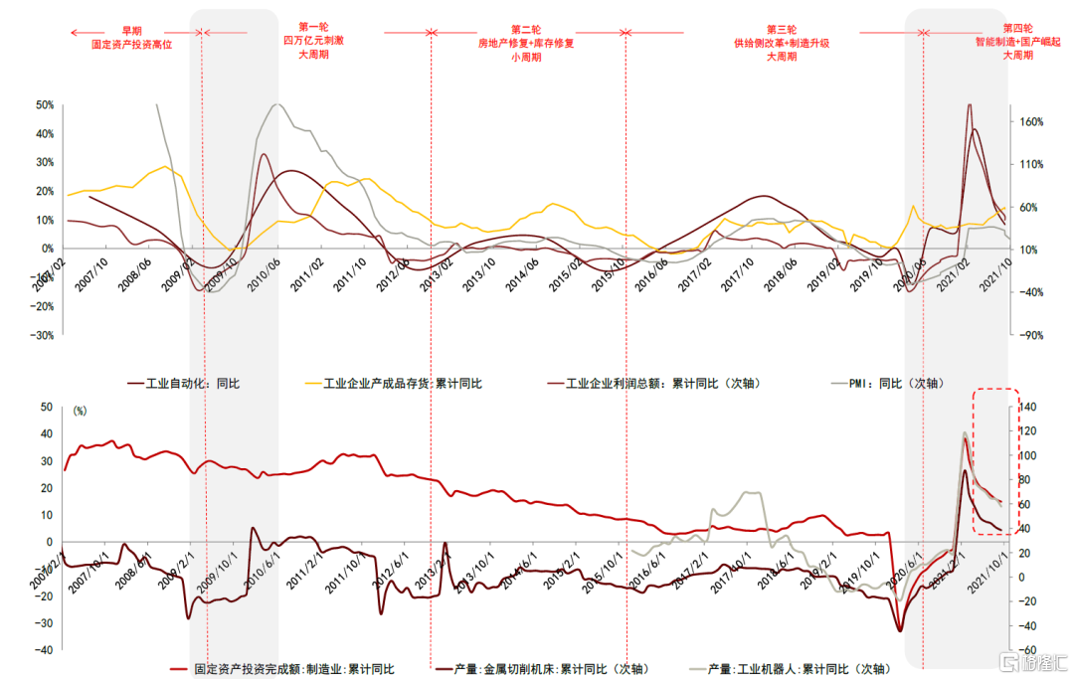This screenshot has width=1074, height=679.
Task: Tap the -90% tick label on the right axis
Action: pos(1030,336)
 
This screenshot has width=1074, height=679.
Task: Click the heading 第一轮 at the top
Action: pos(314,28)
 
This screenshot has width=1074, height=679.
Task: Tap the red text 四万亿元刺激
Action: pos(314,42)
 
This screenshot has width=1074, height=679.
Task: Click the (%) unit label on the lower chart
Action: pos(81,409)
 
